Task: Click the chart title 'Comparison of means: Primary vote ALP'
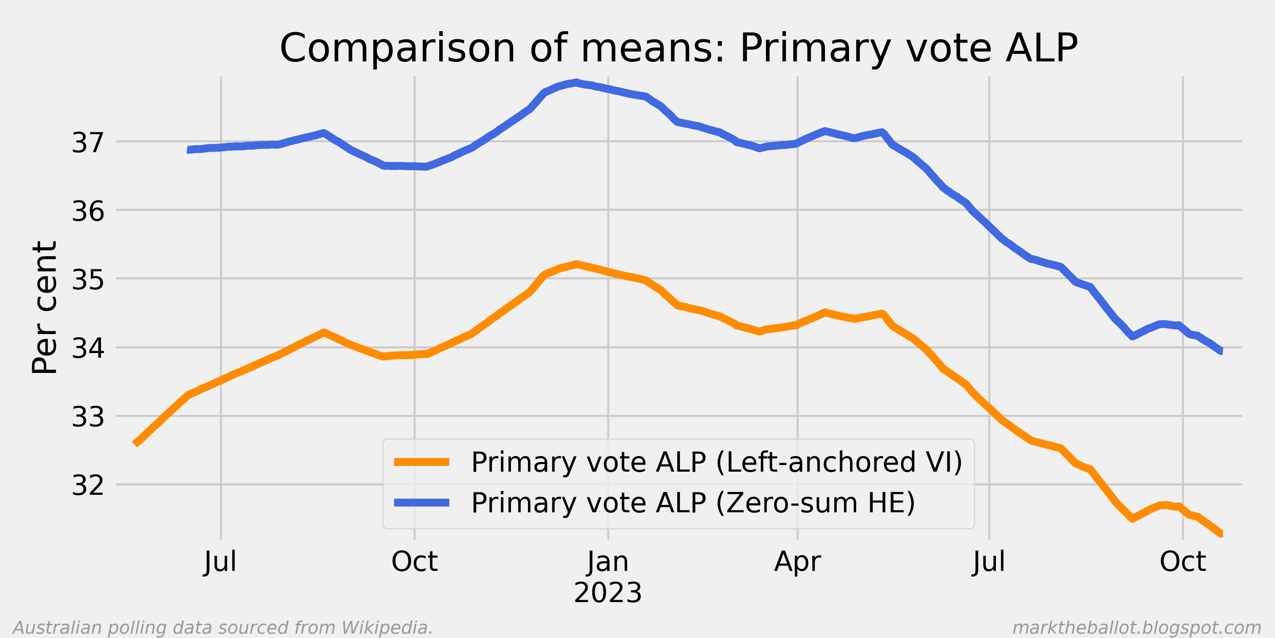679,49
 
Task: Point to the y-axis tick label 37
88,143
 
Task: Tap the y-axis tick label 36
88,211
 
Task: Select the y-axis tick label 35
88,280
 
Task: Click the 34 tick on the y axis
88,348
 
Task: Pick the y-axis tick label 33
88,417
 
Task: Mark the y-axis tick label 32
88,485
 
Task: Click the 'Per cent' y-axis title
44,307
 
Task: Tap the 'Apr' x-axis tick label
798,562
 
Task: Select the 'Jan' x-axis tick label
608,562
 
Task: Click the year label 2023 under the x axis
608,593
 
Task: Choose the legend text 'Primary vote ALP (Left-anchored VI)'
717,462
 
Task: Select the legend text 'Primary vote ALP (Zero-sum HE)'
693,503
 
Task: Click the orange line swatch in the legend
422,462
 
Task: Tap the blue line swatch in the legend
422,503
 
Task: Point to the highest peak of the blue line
577,82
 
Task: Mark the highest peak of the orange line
577,264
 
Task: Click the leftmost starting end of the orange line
136,443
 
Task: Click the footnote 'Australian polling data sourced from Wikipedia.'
223,628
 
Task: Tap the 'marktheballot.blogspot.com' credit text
1137,628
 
